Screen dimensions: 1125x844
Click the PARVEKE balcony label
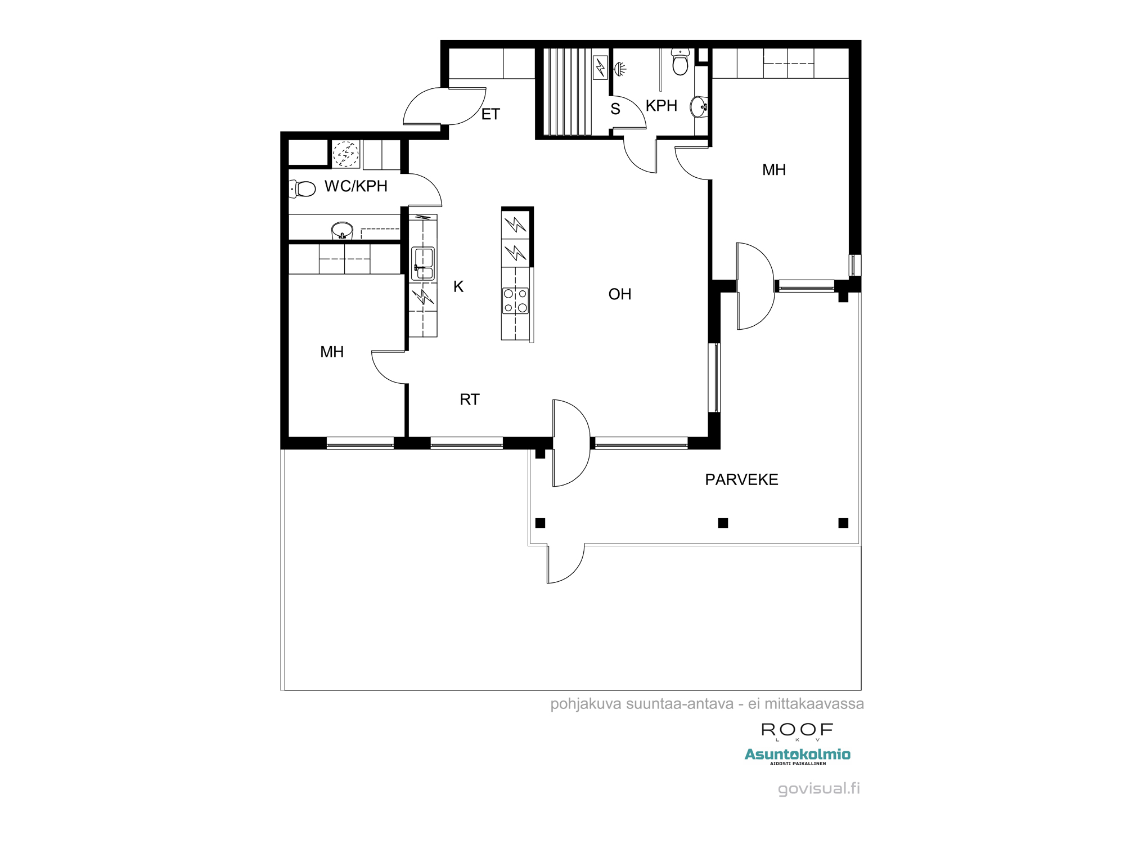741,479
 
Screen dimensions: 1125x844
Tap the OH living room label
620,294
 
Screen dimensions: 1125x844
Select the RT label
470,399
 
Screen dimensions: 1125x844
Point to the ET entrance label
490,114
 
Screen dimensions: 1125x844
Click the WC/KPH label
356,186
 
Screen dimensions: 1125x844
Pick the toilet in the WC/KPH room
302,188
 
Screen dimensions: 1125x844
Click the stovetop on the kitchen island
515,300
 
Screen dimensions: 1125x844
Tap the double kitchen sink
423,263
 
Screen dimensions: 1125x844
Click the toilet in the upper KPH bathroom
680,61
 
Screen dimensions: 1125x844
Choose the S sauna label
615,109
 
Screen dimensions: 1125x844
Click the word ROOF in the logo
797,730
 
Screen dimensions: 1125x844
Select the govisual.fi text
819,788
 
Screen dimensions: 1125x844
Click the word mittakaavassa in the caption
814,704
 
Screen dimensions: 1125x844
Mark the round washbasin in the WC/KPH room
342,231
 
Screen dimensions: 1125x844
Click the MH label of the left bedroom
332,352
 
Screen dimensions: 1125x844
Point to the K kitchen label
458,287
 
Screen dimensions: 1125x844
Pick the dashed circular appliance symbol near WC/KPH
345,154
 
